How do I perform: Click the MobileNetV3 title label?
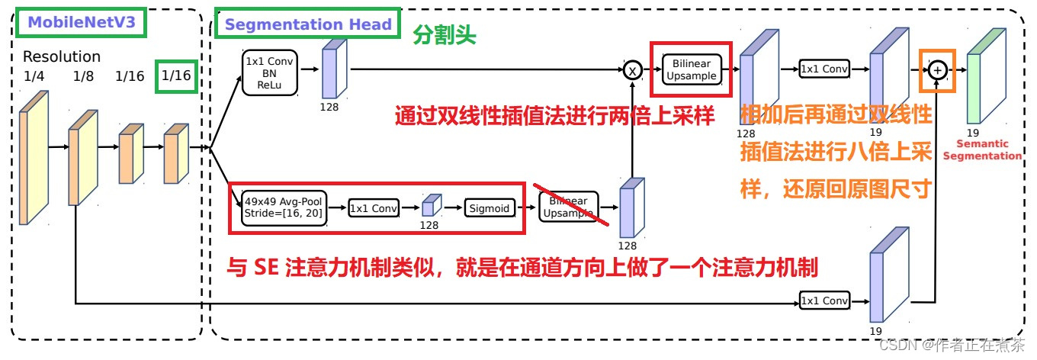[x=81, y=23]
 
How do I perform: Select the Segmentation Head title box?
[x=307, y=24]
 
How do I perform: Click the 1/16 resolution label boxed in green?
[x=176, y=76]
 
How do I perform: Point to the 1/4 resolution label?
[x=34, y=76]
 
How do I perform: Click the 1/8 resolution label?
[x=82, y=76]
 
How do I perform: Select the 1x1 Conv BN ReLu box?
[x=269, y=72]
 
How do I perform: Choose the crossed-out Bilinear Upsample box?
[x=568, y=207]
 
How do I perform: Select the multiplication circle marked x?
[x=632, y=70]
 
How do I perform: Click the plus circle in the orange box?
[x=939, y=69]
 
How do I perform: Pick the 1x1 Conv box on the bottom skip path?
[x=824, y=301]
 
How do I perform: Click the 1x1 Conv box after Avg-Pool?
[x=374, y=207]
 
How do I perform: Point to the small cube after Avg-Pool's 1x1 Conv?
[x=432, y=206]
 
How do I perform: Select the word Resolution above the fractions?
[x=61, y=57]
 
